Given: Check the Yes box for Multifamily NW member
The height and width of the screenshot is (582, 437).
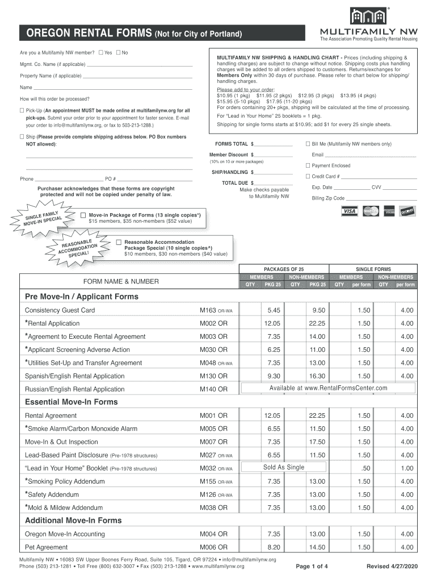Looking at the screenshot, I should (x=100, y=53).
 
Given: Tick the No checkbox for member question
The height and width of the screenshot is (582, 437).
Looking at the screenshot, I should (x=118, y=53).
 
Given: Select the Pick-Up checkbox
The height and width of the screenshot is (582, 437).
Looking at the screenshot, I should (x=22, y=110).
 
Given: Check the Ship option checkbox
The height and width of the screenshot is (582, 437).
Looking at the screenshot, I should (x=22, y=137).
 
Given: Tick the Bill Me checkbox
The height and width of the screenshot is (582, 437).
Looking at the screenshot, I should (x=308, y=144).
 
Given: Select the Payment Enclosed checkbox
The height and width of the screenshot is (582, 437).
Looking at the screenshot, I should (x=308, y=165).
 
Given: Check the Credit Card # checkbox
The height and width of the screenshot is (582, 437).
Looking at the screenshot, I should (x=308, y=176).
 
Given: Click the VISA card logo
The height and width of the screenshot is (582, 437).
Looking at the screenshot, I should (x=349, y=211).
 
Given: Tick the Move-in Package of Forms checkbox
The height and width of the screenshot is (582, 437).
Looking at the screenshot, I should (x=83, y=215).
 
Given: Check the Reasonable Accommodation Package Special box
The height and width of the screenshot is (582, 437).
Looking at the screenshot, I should (x=119, y=242).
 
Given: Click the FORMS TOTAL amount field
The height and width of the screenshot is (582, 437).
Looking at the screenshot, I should (x=274, y=144).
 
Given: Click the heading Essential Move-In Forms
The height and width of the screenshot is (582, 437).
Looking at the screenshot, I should (x=72, y=402).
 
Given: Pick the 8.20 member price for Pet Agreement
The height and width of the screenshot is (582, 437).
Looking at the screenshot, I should (x=274, y=547).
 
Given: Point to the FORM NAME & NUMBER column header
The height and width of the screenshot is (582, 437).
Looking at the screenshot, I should (x=121, y=281).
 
